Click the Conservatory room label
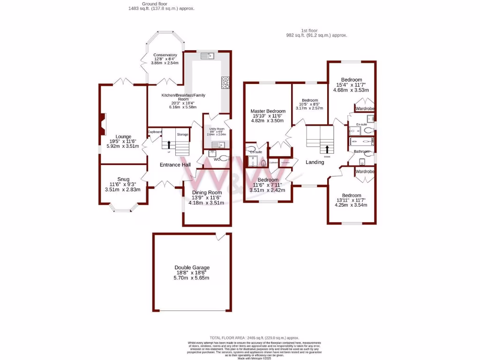(165, 55)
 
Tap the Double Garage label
(192, 267)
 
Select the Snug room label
(123, 179)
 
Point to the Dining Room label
(207, 192)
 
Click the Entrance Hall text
(175, 165)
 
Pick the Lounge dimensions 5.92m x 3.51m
(124, 146)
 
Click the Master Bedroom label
(268, 111)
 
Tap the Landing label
(315, 162)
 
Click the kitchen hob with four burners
(225, 82)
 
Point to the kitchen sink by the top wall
(207, 56)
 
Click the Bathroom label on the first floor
(361, 151)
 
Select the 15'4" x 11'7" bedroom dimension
(351, 85)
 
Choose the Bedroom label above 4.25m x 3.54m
(351, 195)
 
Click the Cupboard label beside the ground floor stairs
(155, 132)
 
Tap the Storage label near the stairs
(183, 135)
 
